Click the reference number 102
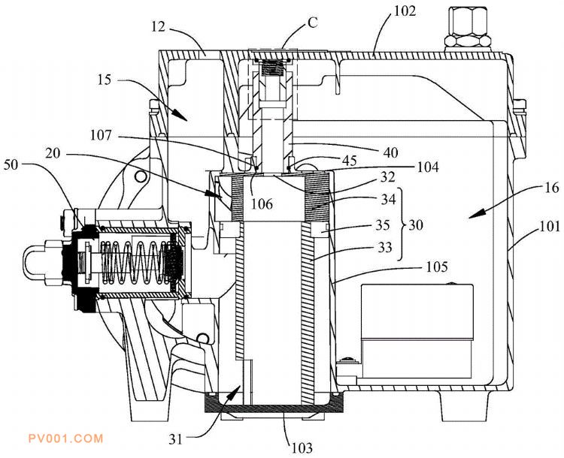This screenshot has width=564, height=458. coord(405,11)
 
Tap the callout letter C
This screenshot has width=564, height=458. coord(313,23)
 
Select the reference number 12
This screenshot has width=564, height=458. coord(158,26)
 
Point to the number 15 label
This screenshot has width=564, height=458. coord(105,80)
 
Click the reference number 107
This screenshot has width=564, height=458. coord(101,135)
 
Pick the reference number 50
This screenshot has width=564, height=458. coord(11,165)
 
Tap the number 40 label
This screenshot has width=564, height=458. coord(390,152)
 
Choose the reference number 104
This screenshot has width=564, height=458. coord(428,167)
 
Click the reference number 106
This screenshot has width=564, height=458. coord(262,204)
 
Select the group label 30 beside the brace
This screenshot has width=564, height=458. coord(415,225)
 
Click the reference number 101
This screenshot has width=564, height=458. coord(550,227)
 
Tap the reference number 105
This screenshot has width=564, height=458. coord(437,267)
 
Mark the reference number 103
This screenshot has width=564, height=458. coord(302,448)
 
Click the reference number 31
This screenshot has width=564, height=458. coord(176,439)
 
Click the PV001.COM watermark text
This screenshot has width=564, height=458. coord(66,438)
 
